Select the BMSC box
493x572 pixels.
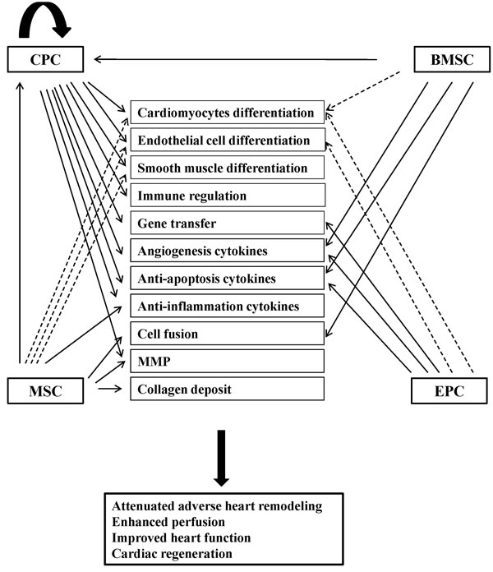click(x=442, y=58)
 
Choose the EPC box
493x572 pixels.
click(x=442, y=390)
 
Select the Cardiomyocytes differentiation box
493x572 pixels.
click(x=227, y=112)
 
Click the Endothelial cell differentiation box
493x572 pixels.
click(x=227, y=140)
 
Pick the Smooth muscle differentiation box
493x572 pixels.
click(x=227, y=168)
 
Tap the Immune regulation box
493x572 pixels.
click(x=227, y=196)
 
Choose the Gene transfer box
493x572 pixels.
click(x=227, y=223)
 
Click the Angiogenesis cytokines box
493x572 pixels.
click(x=227, y=251)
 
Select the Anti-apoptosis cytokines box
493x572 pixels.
click(x=227, y=279)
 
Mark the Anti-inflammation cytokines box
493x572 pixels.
click(x=227, y=307)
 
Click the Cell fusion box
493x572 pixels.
click(x=227, y=334)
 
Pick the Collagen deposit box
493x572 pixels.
click(x=227, y=389)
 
